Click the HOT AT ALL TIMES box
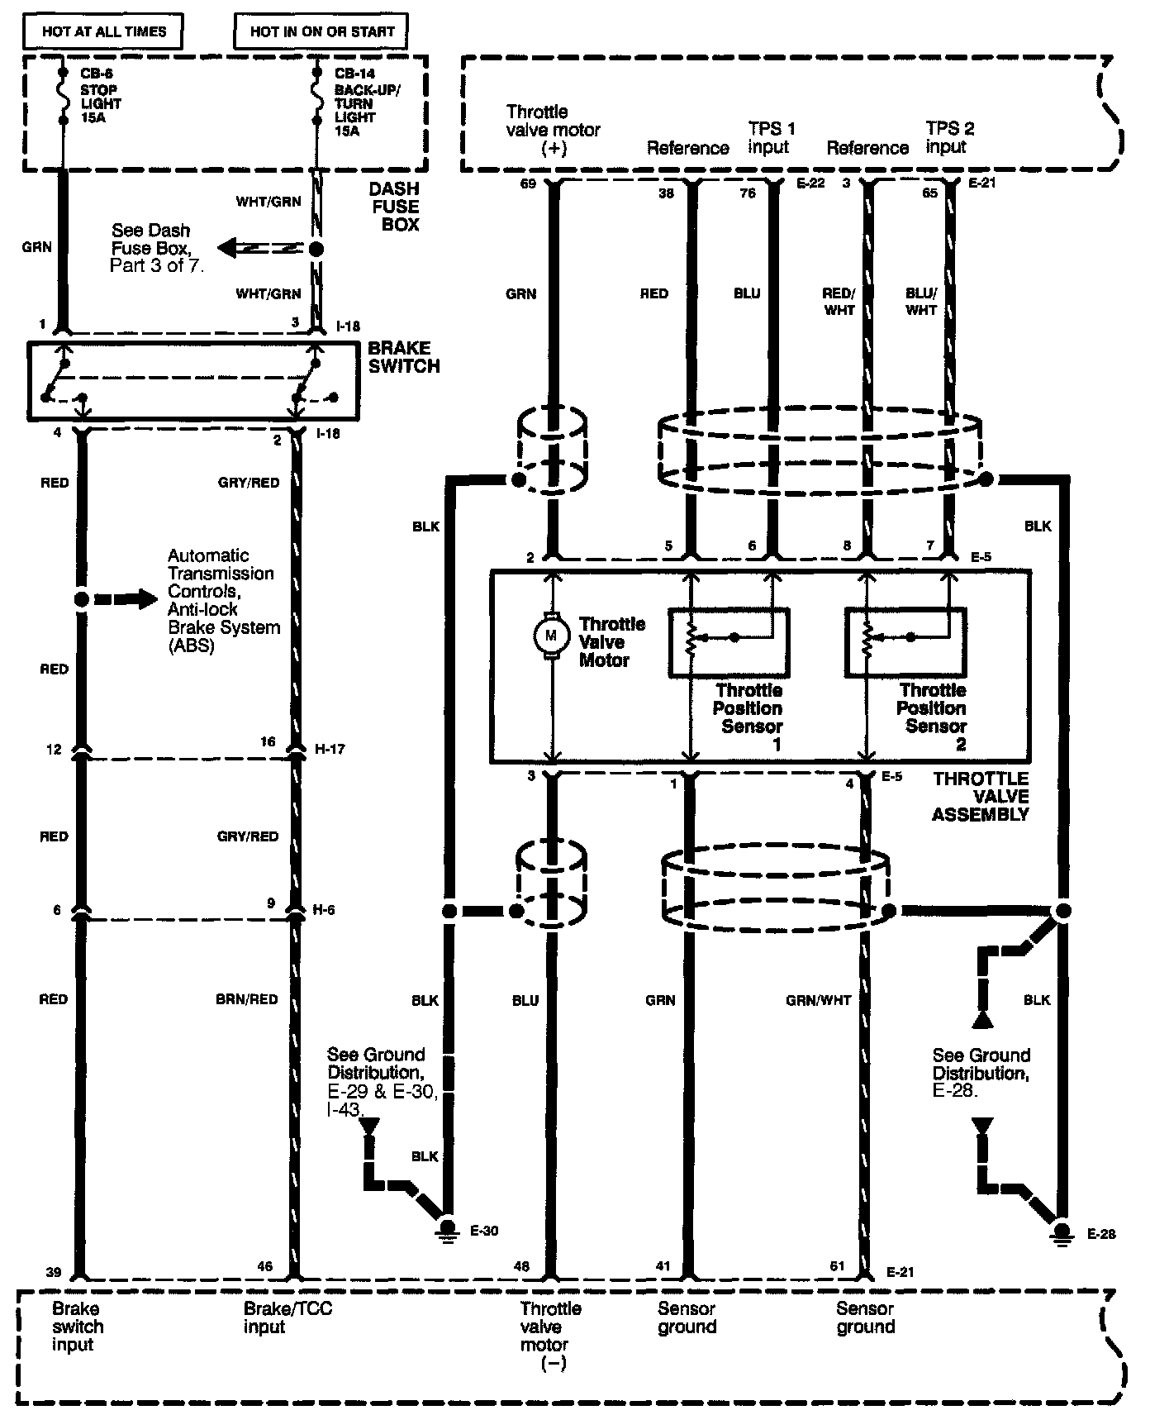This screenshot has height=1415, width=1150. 103,32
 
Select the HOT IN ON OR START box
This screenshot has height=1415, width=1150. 322,32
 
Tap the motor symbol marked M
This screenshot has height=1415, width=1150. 552,635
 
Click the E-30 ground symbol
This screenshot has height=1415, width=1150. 449,1229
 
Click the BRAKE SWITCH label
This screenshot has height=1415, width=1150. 403,357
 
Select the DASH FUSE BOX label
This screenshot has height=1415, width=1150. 394,207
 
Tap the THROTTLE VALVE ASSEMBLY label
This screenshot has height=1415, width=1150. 981,797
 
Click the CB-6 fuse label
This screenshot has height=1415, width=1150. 100,96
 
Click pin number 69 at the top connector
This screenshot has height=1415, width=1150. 529,183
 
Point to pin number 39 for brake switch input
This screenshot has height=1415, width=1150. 53,1272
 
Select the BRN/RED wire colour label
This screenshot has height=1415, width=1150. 248,999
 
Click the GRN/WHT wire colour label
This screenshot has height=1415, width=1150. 818,1000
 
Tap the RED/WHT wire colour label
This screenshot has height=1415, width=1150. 839,302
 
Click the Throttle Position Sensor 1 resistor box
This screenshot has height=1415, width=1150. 728,643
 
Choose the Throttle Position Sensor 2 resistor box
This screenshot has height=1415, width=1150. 905,643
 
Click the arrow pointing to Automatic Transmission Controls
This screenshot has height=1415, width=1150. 125,599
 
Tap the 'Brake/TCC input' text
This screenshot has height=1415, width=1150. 287,1317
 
